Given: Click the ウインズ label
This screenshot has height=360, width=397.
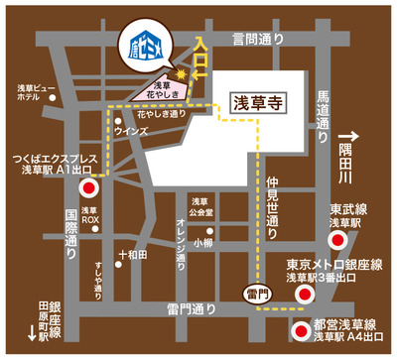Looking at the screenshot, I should tap(132, 130).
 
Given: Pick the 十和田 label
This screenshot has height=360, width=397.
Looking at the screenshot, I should tap(133, 255).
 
